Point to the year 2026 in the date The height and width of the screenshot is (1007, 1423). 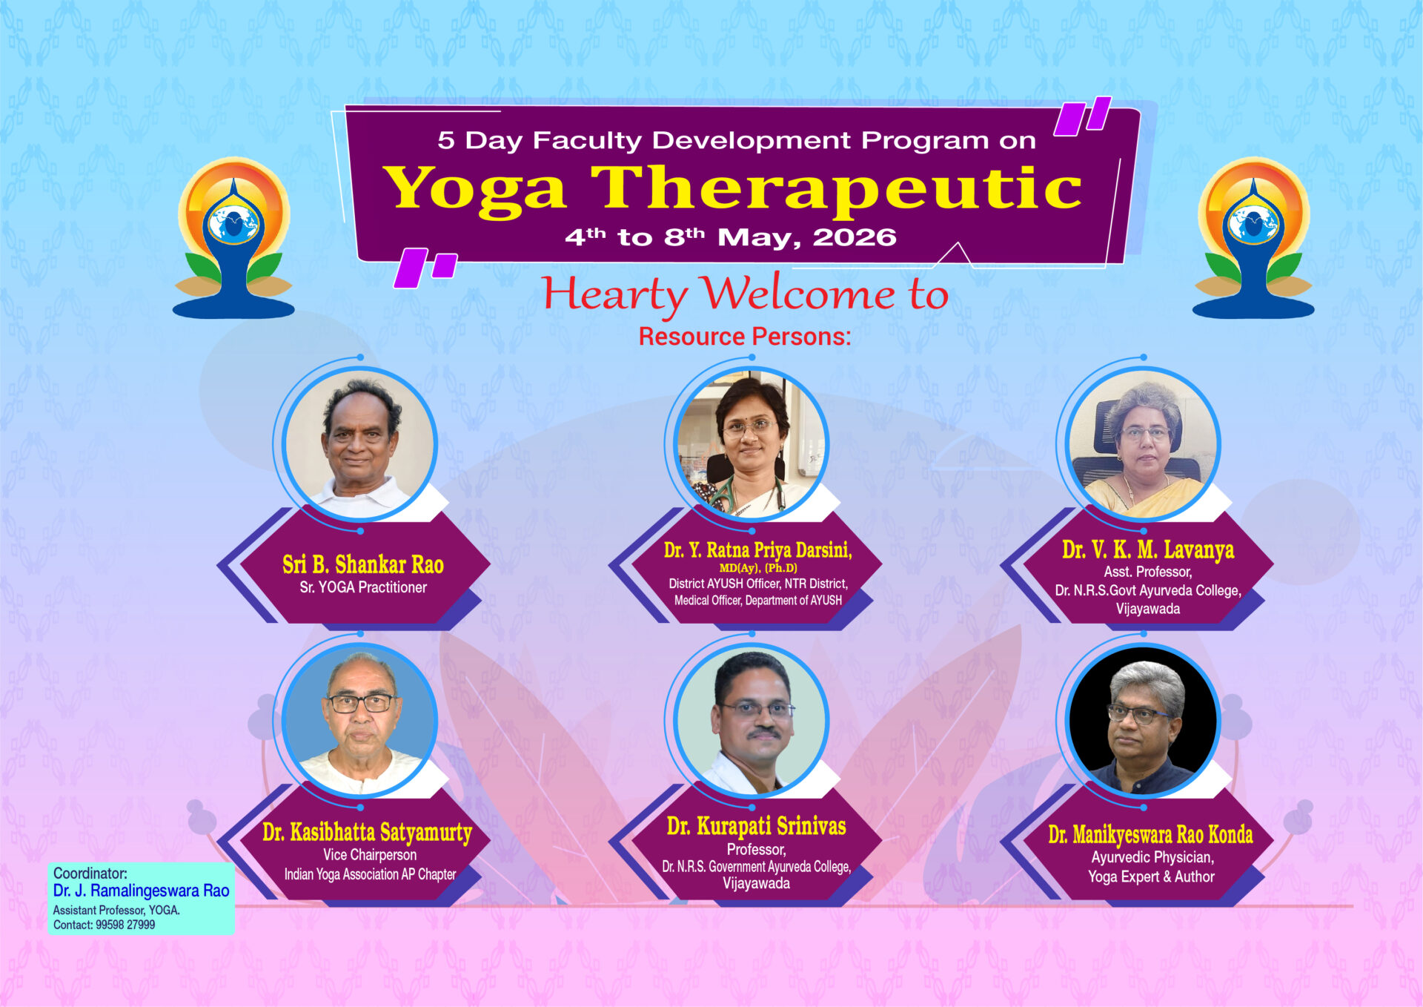click(855, 237)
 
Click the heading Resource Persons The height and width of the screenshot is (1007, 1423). click(745, 337)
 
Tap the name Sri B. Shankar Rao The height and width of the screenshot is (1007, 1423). click(363, 564)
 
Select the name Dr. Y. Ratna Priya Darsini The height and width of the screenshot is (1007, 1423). click(758, 550)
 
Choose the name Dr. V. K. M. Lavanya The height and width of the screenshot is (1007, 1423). click(1148, 549)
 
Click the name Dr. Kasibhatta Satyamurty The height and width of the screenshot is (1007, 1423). click(367, 833)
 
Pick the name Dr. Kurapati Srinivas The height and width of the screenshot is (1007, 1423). click(756, 826)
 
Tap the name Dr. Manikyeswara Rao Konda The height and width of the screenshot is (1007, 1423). click(1150, 835)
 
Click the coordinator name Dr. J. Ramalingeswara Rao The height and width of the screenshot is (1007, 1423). click(141, 891)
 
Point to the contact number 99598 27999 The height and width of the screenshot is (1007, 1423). click(125, 925)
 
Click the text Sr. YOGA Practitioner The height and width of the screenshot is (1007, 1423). click(363, 587)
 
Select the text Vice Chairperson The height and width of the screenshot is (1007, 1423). click(370, 855)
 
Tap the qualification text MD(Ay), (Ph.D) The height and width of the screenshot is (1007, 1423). click(758, 568)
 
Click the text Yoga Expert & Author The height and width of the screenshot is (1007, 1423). click(1151, 876)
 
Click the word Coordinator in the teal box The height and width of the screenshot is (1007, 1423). click(90, 873)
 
